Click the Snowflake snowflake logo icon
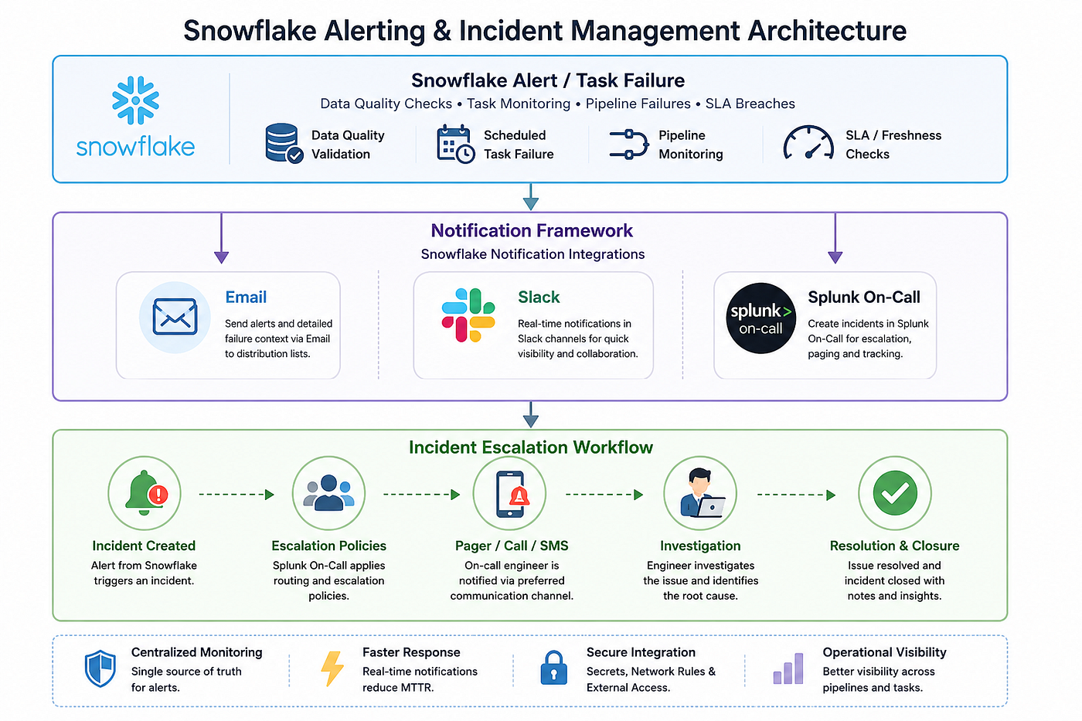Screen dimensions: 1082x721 [136, 100]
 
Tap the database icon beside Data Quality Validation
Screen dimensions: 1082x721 [284, 144]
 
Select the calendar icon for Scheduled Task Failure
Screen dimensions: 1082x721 [455, 144]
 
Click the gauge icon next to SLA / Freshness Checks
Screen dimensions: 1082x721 [808, 143]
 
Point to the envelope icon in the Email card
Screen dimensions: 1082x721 [175, 317]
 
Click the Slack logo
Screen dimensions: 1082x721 [468, 315]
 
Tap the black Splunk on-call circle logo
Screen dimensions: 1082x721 [760, 318]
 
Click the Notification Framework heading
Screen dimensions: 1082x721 [532, 231]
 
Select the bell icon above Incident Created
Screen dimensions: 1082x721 [146, 493]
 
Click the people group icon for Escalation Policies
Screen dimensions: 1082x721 [329, 493]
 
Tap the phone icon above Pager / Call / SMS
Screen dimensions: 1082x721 [512, 494]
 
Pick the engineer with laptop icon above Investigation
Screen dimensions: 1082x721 [702, 493]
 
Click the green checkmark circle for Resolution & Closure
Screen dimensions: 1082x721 [895, 493]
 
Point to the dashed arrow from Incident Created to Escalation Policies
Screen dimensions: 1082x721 [236, 495]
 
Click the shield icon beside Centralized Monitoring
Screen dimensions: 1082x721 [100, 668]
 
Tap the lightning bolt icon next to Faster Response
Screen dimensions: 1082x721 [332, 669]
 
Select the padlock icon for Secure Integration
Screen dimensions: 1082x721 [553, 668]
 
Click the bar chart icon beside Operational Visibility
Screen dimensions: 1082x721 [788, 669]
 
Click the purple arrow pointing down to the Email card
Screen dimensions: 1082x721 [221, 238]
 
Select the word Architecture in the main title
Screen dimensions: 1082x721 [827, 30]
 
